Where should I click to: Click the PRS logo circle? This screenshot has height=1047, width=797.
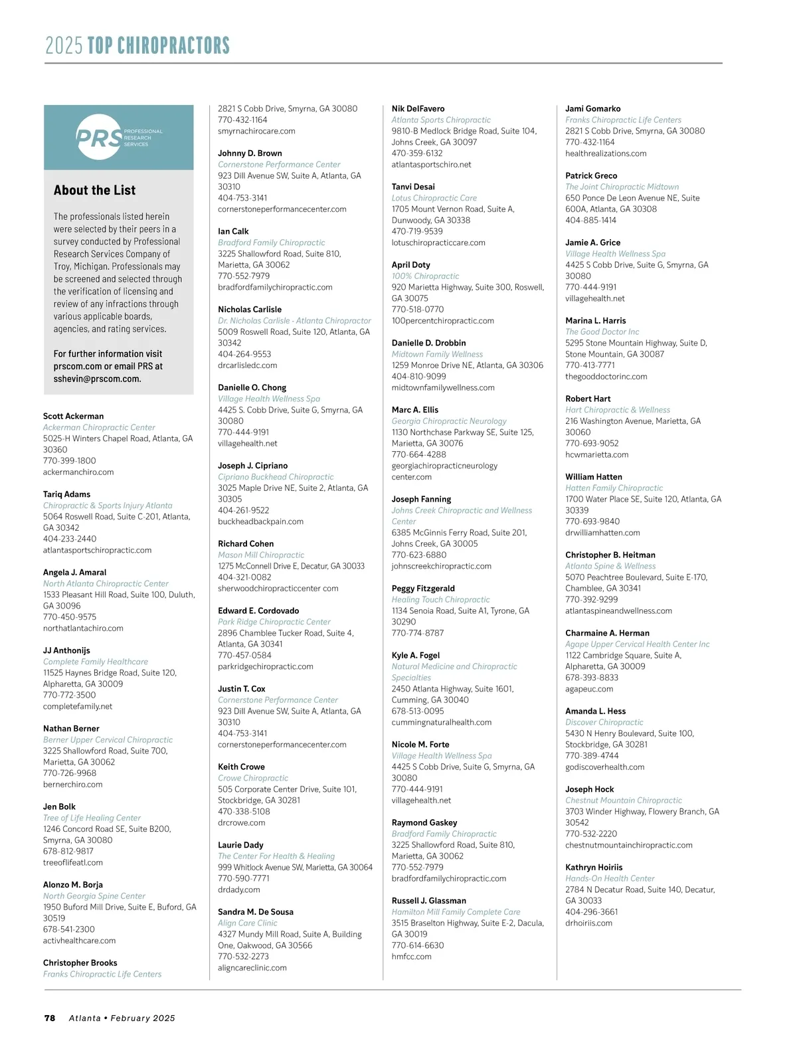pyautogui.click(x=100, y=137)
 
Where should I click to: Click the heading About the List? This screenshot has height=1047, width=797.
pyautogui.click(x=94, y=191)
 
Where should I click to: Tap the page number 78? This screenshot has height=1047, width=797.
pyautogui.click(x=50, y=1018)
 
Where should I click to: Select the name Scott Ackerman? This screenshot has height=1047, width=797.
pyautogui.click(x=73, y=417)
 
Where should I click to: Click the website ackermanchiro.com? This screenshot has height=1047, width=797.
pyautogui.click(x=78, y=472)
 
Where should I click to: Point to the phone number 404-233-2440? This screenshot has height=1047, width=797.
pyautogui.click(x=70, y=539)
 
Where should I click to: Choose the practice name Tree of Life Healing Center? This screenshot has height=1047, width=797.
pyautogui.click(x=92, y=818)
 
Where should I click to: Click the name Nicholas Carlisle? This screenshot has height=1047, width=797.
pyautogui.click(x=250, y=310)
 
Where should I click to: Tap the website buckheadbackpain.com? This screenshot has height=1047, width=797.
pyautogui.click(x=260, y=522)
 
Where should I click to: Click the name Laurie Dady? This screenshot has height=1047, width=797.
pyautogui.click(x=240, y=845)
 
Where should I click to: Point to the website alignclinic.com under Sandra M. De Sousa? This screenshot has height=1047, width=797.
pyautogui.click(x=252, y=968)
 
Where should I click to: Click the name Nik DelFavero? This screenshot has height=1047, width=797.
pyautogui.click(x=418, y=109)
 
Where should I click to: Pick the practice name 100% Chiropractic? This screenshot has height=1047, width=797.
pyautogui.click(x=425, y=276)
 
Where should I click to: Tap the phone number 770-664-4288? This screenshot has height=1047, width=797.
pyautogui.click(x=418, y=454)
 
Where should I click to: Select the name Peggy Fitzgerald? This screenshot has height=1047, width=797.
pyautogui.click(x=423, y=589)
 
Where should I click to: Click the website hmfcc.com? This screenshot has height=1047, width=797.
pyautogui.click(x=411, y=957)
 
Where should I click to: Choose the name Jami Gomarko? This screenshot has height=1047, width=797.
pyautogui.click(x=592, y=109)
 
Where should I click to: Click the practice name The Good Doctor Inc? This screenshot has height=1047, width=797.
pyautogui.click(x=602, y=332)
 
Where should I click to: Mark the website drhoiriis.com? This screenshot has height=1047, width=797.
pyautogui.click(x=588, y=923)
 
